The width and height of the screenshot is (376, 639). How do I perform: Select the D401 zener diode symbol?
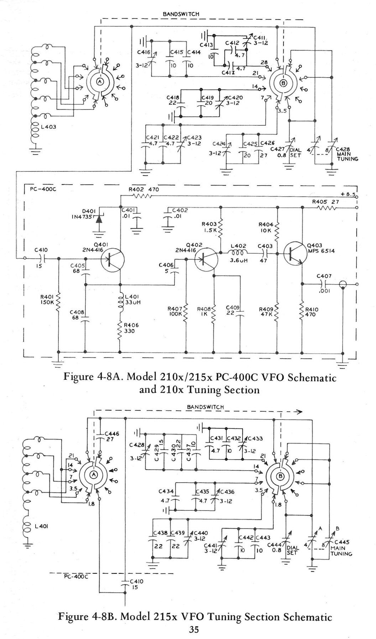tap(98, 219)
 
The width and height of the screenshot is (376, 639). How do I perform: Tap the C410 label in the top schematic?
tap(41, 250)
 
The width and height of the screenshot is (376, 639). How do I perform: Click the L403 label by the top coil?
tap(48, 127)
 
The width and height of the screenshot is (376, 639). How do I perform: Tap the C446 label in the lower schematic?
tap(112, 434)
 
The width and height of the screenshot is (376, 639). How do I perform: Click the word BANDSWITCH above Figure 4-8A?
tap(181, 14)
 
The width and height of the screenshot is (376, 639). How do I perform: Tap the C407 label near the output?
tap(324, 276)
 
